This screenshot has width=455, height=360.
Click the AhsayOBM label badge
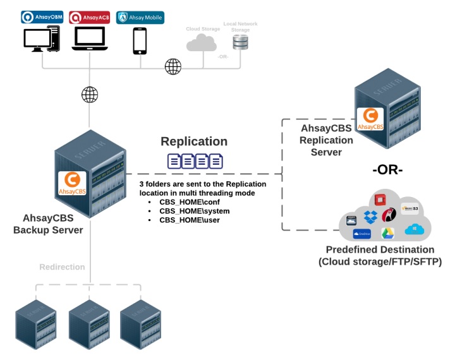click(x=42, y=17)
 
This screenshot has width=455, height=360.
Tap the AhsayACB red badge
click(x=89, y=17)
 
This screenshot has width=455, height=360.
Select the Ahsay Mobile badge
click(x=140, y=17)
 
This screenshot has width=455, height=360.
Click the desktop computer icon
click(x=42, y=40)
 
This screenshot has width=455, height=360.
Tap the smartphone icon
click(x=140, y=41)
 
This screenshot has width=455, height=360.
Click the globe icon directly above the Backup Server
click(x=90, y=95)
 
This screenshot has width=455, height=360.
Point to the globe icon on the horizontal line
click(x=173, y=66)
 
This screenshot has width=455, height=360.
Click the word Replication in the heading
click(x=193, y=141)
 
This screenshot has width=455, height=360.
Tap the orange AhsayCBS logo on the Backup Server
click(x=71, y=183)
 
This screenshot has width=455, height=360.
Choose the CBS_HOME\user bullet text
click(x=189, y=220)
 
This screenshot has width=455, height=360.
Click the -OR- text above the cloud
click(x=387, y=171)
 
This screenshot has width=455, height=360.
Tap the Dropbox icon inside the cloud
click(x=371, y=216)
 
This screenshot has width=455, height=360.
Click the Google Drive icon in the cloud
click(x=387, y=233)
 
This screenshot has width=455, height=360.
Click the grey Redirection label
click(x=62, y=267)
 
